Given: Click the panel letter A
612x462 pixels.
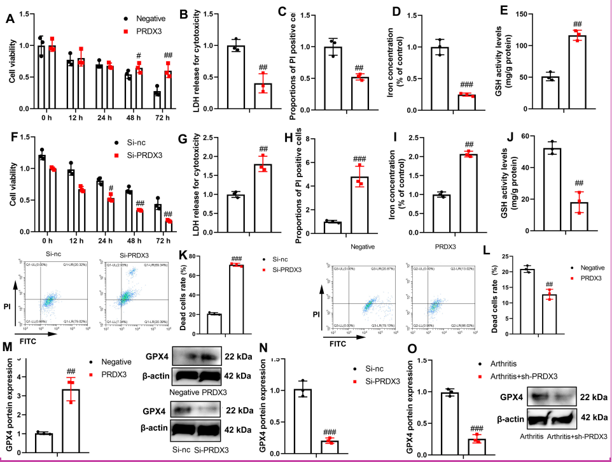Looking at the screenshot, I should pos(10,18).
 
